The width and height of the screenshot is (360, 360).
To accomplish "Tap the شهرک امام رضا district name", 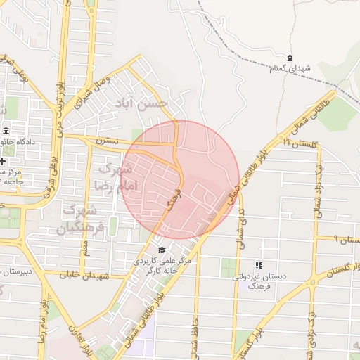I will [113, 177].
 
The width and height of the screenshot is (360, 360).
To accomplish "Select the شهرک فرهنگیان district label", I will [84, 218].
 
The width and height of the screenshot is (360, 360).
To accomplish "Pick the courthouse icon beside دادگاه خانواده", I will [6, 131].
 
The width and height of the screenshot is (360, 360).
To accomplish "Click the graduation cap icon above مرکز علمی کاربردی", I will [162, 250].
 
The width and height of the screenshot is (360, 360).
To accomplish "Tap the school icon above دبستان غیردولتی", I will [258, 265].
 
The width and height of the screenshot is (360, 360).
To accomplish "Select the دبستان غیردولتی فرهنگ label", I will [259, 281].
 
